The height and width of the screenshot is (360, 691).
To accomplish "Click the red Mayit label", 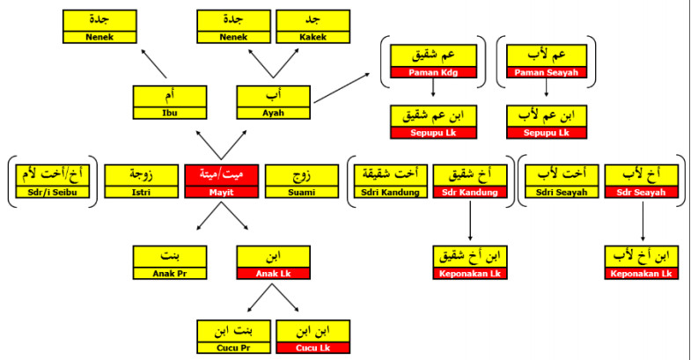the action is tap(222, 191).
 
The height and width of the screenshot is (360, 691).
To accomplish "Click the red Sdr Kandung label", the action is tap(470, 191).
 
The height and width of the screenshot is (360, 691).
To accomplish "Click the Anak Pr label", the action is tap(170, 273).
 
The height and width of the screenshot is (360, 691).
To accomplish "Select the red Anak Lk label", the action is tap(274, 273).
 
